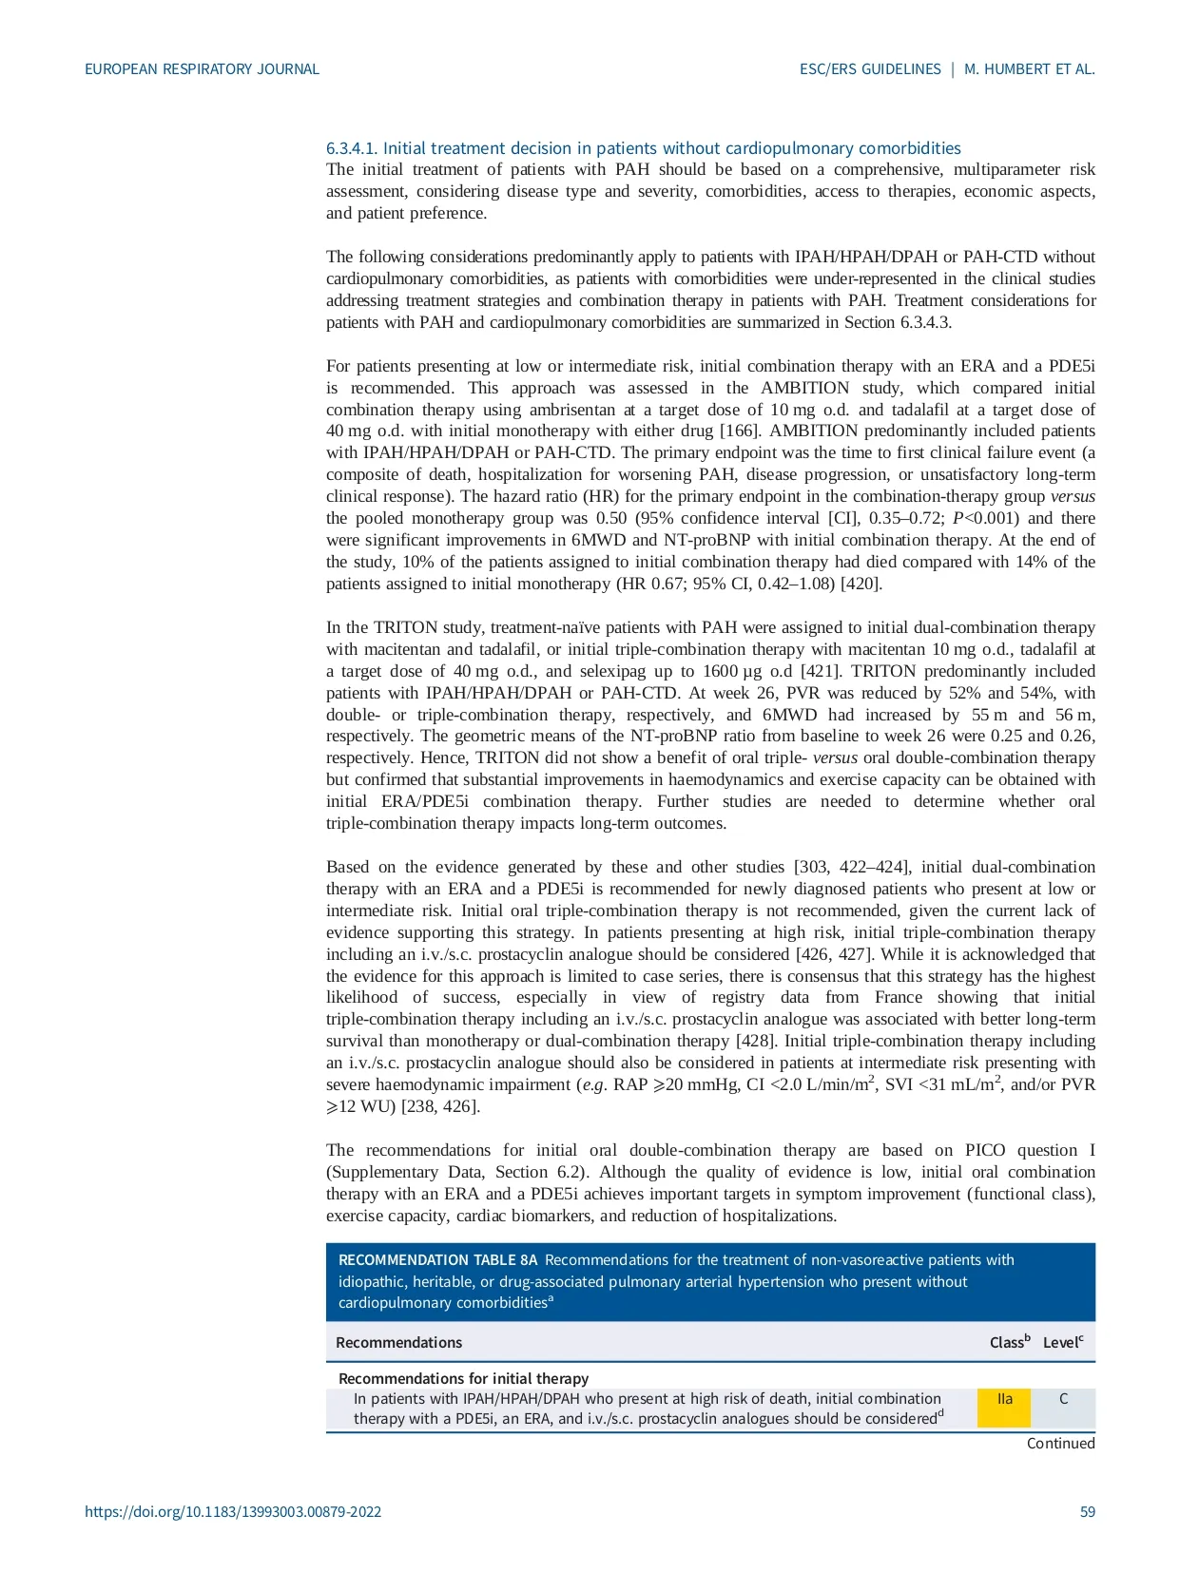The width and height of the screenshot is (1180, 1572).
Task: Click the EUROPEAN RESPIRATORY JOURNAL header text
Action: tap(202, 69)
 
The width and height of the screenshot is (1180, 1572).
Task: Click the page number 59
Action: tap(1087, 1511)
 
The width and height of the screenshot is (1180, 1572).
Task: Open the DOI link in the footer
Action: tap(233, 1511)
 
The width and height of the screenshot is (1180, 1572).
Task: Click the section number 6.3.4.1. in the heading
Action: tap(352, 148)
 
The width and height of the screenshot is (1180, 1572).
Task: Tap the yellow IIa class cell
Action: tap(1004, 1408)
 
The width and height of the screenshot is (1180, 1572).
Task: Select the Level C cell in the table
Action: tap(1063, 1408)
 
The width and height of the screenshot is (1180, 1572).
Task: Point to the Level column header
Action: tap(1062, 1342)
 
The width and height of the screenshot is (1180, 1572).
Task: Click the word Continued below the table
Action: tap(1060, 1443)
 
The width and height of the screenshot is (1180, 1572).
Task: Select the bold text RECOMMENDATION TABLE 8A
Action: tap(437, 1260)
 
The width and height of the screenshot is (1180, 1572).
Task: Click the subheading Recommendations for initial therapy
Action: tap(463, 1378)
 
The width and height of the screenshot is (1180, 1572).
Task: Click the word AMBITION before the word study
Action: tap(804, 388)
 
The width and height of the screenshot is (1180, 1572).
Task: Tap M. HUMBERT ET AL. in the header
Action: tap(1029, 69)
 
